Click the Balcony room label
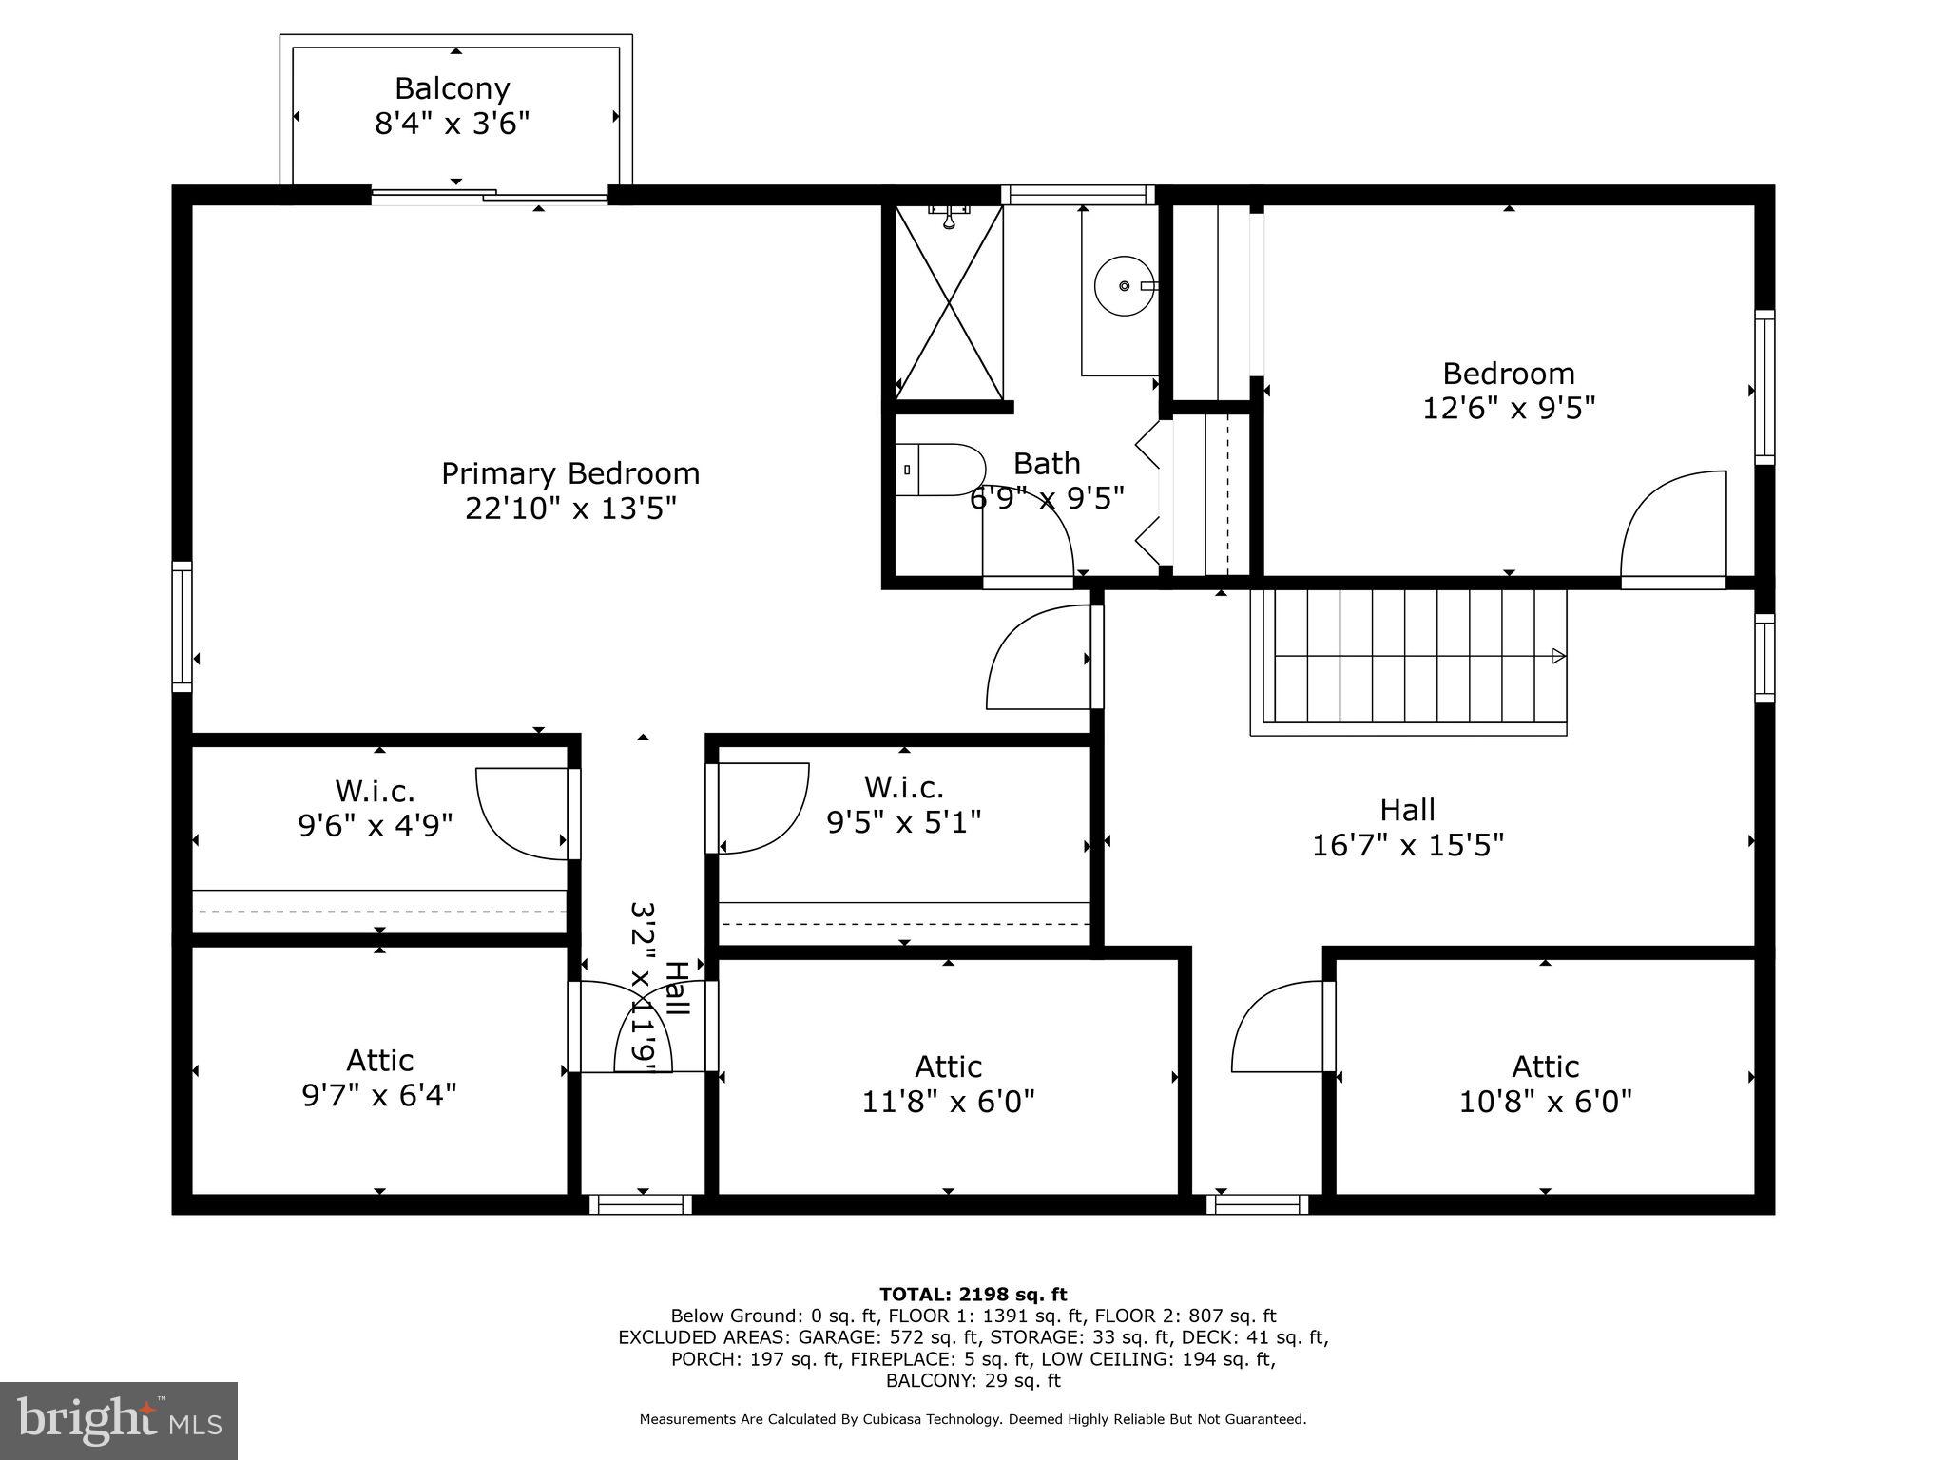(452, 88)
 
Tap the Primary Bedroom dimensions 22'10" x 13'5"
(570, 509)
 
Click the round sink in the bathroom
(1125, 285)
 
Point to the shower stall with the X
(949, 301)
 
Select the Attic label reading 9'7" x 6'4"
(379, 1078)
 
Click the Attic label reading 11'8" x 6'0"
(948, 1084)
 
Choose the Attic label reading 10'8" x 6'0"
(1545, 1084)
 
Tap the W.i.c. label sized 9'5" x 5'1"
(903, 804)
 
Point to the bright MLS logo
(119, 1421)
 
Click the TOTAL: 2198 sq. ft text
(973, 1295)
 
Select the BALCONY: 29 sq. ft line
(973, 1381)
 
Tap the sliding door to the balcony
(490, 196)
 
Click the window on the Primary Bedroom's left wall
(182, 625)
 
